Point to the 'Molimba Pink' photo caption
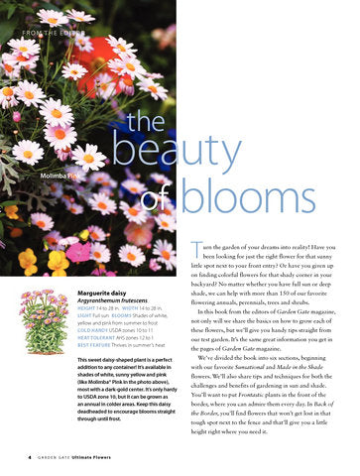coord(60,175)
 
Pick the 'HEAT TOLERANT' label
coord(97,339)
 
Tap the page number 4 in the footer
coord(29,458)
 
